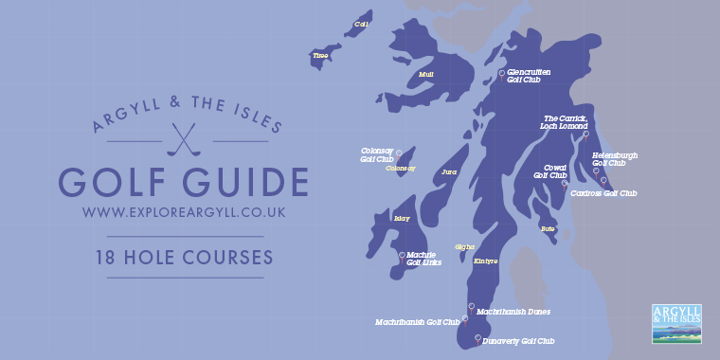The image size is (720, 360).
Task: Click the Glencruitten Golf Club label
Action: tap(529, 76)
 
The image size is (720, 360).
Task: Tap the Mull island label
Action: tap(426, 73)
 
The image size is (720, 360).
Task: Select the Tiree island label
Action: tap(319, 56)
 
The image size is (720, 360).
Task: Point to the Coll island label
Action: tap(360, 24)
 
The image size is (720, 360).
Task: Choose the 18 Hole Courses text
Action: tap(184, 257)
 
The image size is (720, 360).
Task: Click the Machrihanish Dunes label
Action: tap(513, 311)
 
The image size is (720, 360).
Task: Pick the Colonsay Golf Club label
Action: tap(377, 154)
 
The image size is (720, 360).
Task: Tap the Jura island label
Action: tap(449, 172)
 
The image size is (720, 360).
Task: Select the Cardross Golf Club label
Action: tap(603, 193)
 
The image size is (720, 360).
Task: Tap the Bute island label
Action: tap(548, 228)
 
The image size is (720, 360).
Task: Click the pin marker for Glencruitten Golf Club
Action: tap(501, 73)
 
